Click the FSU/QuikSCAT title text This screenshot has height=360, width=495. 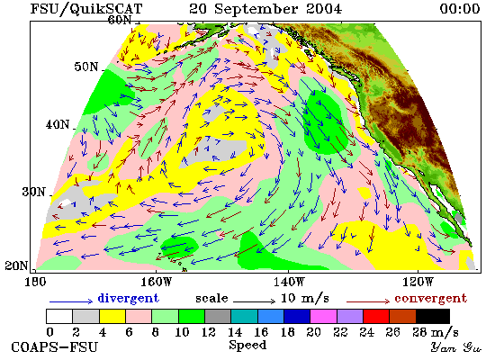[x=86, y=9]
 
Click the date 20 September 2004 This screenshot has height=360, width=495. [x=265, y=9]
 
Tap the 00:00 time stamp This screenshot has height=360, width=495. [x=460, y=9]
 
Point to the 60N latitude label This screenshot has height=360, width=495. [x=120, y=20]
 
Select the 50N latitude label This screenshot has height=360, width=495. [x=86, y=67]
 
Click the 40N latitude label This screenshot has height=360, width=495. [x=58, y=124]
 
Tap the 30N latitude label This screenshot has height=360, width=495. [x=33, y=192]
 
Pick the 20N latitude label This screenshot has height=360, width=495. [x=16, y=265]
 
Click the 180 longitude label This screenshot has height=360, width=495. [x=35, y=282]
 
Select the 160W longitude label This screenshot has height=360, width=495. [x=156, y=282]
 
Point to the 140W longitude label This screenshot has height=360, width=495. [x=289, y=282]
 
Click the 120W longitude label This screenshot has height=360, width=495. [x=418, y=282]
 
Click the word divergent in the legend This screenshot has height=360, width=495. [x=128, y=298]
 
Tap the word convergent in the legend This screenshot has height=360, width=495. [x=430, y=298]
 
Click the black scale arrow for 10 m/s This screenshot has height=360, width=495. [x=254, y=301]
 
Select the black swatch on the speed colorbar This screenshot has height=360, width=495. [x=433, y=317]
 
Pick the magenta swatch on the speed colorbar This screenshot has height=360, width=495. [x=324, y=317]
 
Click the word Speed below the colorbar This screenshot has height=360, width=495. [x=247, y=346]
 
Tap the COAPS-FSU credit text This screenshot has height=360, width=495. [x=55, y=346]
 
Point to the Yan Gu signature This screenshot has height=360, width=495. [x=456, y=347]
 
